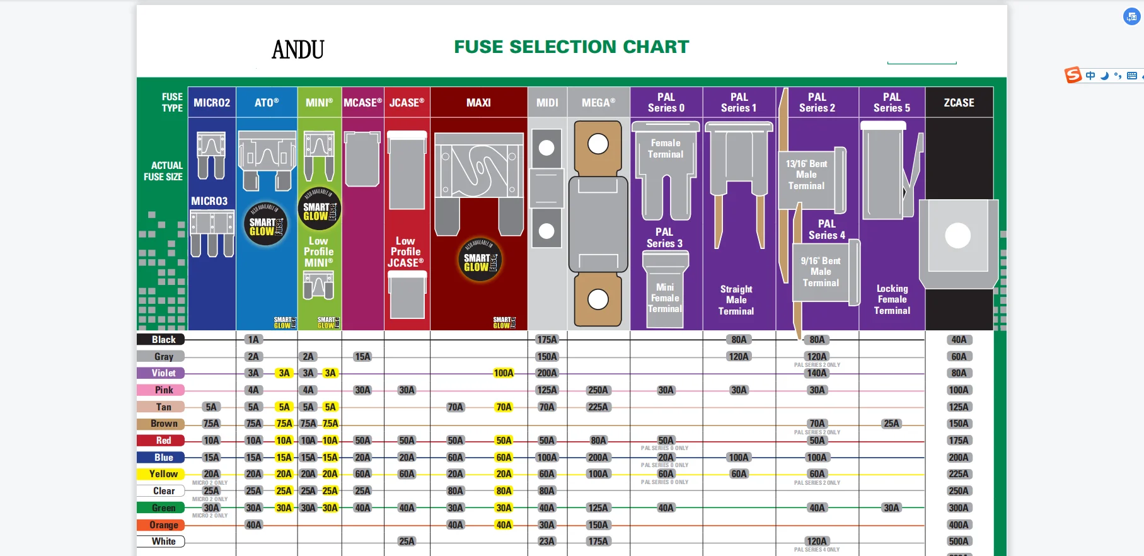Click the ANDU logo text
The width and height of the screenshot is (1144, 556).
(298, 49)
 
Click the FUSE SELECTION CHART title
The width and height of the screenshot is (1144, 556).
(571, 47)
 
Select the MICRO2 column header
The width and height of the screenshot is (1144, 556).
(212, 103)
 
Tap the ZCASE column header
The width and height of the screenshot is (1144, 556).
(959, 103)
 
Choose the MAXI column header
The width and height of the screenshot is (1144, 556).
(478, 103)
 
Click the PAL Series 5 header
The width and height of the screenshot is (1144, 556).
(891, 102)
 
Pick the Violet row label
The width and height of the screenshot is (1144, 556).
(161, 373)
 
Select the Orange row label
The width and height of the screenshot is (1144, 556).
(161, 524)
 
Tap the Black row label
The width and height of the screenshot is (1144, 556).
(161, 340)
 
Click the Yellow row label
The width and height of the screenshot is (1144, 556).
(161, 474)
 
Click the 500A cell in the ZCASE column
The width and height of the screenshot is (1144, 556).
(958, 542)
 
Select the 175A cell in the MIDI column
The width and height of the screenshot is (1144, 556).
(546, 340)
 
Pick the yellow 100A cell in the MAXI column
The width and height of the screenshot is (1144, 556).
(503, 373)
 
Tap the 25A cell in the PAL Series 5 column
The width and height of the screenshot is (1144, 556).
(891, 424)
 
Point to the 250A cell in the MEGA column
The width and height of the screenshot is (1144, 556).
(598, 390)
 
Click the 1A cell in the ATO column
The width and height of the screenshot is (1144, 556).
(253, 340)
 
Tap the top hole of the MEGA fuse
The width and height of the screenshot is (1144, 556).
(598, 144)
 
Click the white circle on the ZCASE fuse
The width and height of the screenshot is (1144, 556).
(957, 236)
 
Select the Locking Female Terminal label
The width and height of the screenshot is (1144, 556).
(892, 299)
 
